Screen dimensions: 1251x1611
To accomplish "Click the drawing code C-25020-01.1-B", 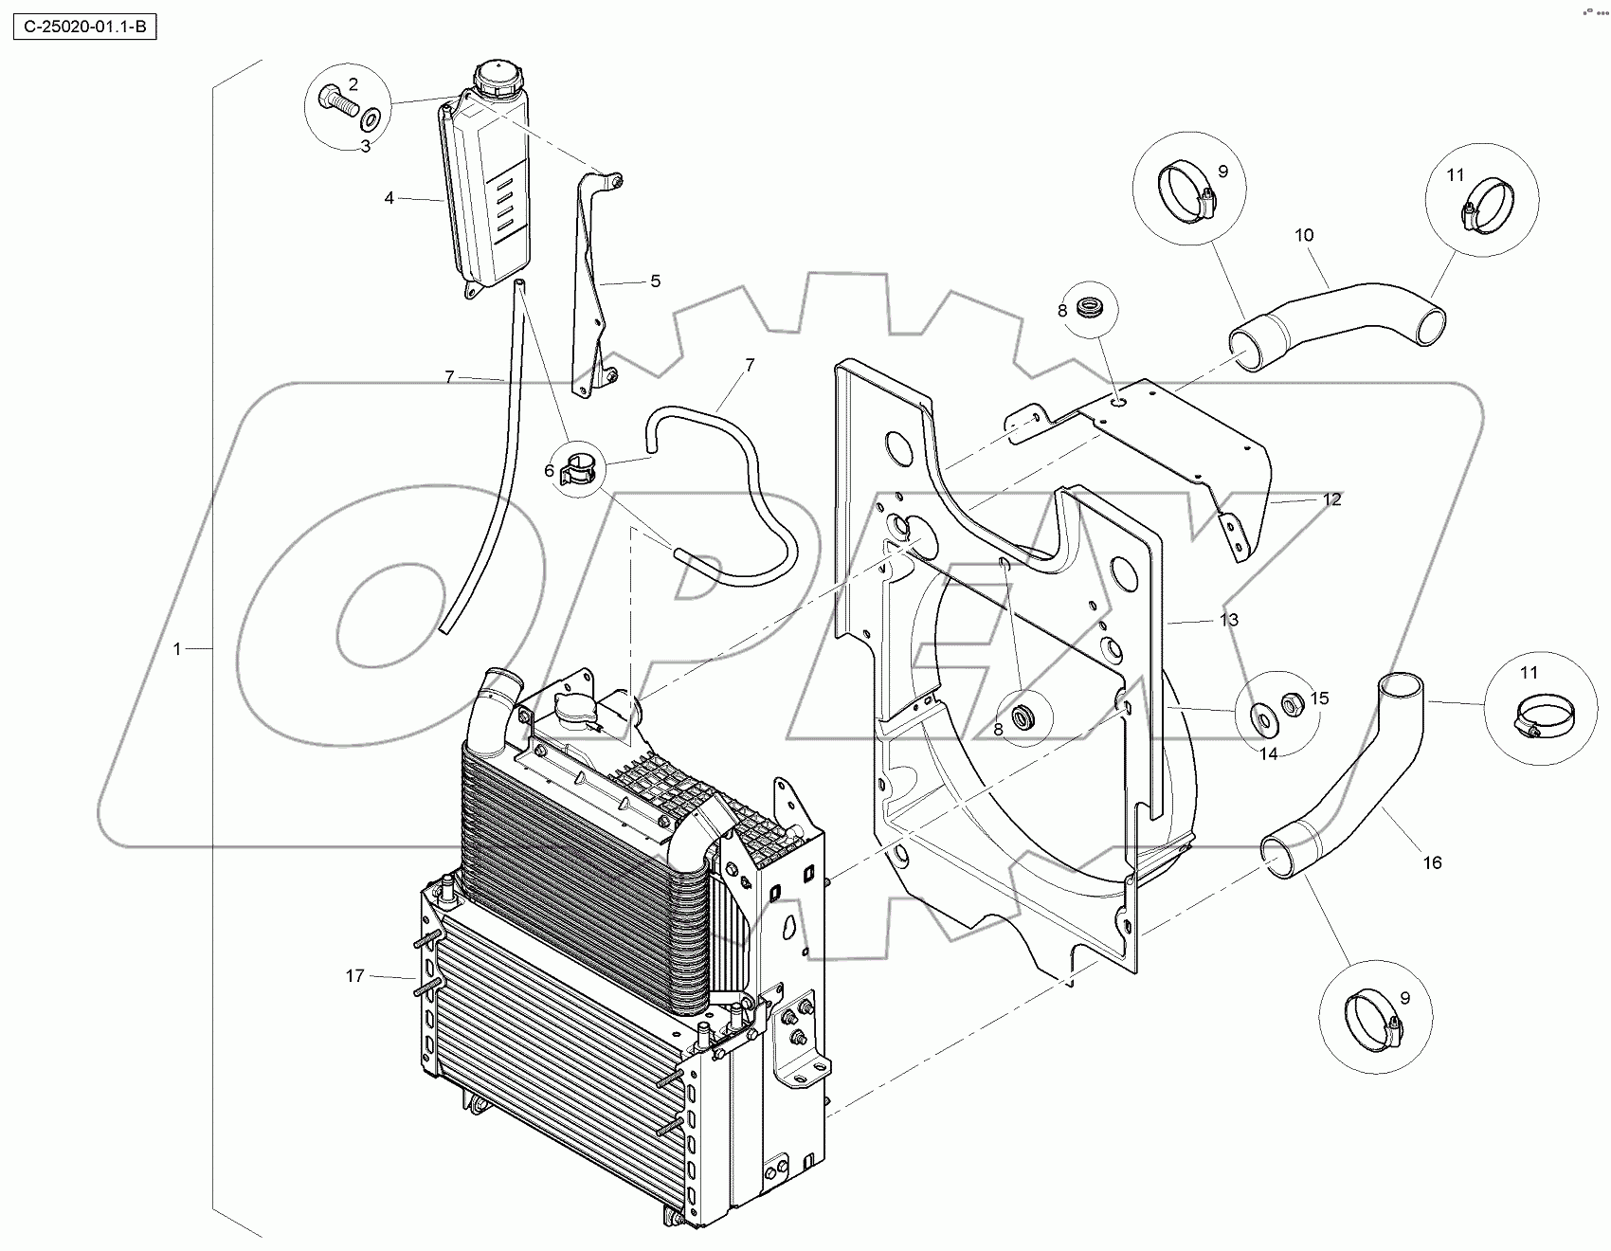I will coord(83,27).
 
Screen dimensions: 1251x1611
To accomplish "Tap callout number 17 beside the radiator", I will coord(354,975).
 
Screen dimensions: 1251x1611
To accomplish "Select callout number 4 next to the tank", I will coord(389,198).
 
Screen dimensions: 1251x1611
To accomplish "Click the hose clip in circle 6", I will coord(580,468).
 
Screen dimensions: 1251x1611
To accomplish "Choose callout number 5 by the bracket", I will coord(655,281).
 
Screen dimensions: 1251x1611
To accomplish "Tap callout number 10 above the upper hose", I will coord(1305,235).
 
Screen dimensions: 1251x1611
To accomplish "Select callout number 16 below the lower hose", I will coord(1432,862).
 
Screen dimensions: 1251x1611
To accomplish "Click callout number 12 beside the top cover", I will coord(1332,499).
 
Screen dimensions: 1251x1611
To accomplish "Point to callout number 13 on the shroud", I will coord(1228,620).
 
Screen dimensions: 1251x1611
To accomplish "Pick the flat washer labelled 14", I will coord(1263,721).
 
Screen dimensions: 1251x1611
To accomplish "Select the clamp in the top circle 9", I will coord(1188,191).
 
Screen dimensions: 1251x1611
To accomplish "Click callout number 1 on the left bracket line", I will coord(177,649).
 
